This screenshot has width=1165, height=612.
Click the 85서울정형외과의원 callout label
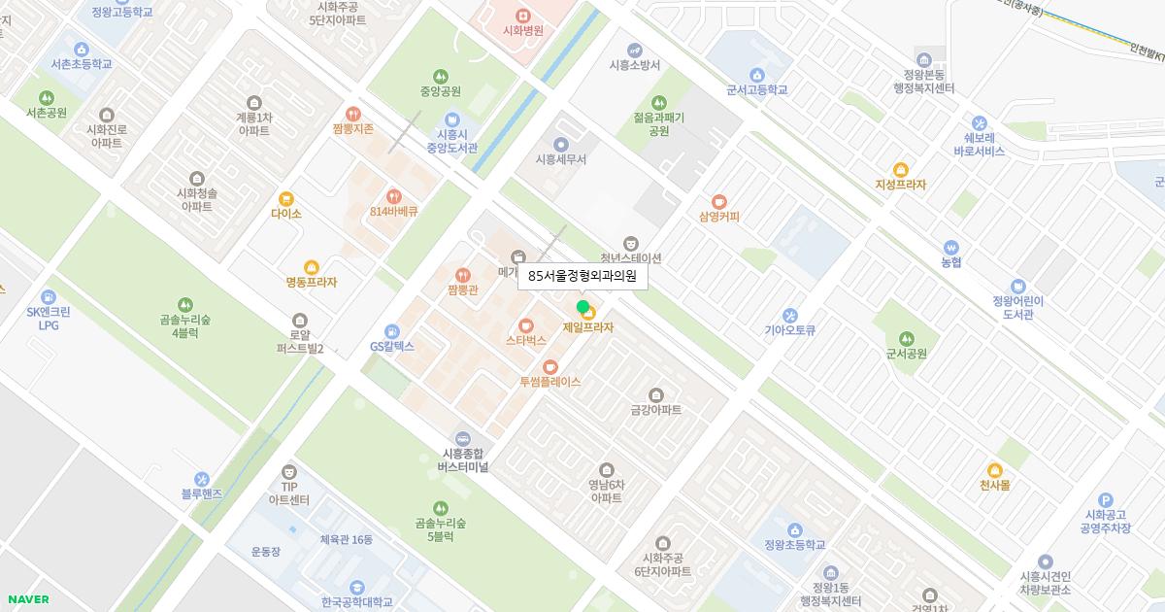582,277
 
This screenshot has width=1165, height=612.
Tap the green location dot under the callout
582,307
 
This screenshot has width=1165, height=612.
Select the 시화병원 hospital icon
522,15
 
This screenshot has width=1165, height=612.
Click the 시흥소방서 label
634,65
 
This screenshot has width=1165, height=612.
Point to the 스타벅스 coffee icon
526,325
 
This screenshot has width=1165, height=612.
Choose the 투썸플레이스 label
549,382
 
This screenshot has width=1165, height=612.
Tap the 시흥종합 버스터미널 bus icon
462,438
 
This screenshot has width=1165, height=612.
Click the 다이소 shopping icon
285,198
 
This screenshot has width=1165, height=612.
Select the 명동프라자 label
311,283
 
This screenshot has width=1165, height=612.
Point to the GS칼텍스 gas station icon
391,331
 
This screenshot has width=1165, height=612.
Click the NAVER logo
26,599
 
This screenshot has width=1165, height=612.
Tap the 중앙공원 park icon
441,76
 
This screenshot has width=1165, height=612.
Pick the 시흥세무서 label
560,159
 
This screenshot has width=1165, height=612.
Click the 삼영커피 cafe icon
718,201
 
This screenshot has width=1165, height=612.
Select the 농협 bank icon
950,247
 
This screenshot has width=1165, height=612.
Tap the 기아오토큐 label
789,330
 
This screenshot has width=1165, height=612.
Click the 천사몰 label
994,485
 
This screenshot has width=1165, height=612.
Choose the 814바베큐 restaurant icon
393,195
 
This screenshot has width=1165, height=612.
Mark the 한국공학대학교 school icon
357,587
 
